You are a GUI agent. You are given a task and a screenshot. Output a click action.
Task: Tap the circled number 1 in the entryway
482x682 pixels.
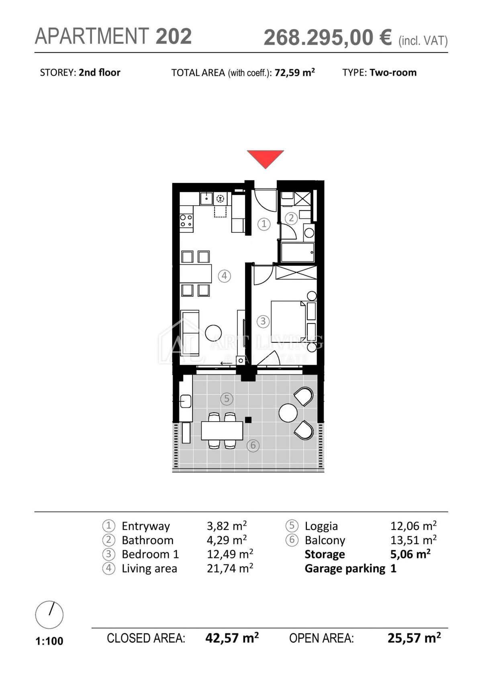pyautogui.click(x=264, y=224)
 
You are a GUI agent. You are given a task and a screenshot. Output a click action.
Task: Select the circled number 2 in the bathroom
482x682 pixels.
pyautogui.click(x=291, y=218)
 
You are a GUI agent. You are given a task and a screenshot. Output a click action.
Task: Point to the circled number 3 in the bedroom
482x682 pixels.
pyautogui.click(x=263, y=321)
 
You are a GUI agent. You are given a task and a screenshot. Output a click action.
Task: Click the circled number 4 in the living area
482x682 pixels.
pyautogui.click(x=224, y=276)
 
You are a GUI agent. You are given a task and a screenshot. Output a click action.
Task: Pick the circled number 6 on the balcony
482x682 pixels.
pyautogui.click(x=253, y=445)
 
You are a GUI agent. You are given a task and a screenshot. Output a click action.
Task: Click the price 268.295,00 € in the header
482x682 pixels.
pyautogui.click(x=328, y=37)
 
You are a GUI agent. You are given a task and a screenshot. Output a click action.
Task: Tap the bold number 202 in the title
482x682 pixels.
pyautogui.click(x=174, y=36)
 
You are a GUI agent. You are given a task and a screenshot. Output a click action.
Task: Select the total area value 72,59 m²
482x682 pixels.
pyautogui.click(x=294, y=72)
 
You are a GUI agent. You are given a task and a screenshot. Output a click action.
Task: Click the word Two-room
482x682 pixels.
pyautogui.click(x=393, y=72)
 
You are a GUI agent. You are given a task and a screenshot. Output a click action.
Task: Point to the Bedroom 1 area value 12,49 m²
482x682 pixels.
pyautogui.click(x=230, y=554)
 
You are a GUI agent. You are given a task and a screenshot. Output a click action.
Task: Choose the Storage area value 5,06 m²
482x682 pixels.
pyautogui.click(x=410, y=554)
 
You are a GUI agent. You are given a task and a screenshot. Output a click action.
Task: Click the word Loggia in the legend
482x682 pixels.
pyautogui.click(x=321, y=526)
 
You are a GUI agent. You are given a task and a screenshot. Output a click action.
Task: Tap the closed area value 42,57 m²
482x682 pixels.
pyautogui.click(x=232, y=637)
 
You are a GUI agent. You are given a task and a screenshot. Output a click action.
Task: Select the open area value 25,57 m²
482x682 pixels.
pyautogui.click(x=414, y=637)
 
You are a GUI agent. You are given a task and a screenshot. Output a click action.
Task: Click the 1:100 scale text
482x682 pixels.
pyautogui.click(x=49, y=641)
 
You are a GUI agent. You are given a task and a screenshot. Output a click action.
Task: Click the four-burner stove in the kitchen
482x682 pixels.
pyautogui.click(x=186, y=221)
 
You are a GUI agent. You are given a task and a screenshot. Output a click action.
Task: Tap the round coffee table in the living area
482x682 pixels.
pyautogui.click(x=213, y=333)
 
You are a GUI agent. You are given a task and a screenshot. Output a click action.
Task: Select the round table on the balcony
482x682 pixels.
pyautogui.click(x=288, y=413)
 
